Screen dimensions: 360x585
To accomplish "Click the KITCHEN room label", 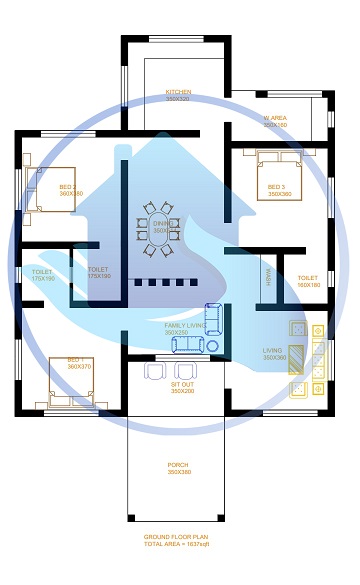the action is click(178, 92).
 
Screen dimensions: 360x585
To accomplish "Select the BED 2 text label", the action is click(68, 186).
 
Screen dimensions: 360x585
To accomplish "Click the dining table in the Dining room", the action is click(160, 224).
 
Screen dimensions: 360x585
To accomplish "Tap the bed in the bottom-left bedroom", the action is click(72, 384).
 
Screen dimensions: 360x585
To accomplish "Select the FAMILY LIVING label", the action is click(185, 325).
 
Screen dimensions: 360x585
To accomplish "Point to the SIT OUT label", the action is click(181, 384).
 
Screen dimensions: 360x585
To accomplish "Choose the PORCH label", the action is click(178, 465).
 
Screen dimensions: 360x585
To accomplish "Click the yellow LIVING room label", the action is click(273, 350).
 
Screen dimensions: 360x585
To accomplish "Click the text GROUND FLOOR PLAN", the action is click(178, 537).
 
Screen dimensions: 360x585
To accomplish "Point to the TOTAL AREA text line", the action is click(178, 545).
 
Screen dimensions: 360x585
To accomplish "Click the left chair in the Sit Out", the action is click(155, 371).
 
